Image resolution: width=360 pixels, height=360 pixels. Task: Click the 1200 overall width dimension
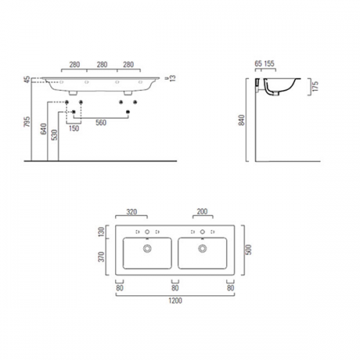pyautogui.click(x=175, y=300)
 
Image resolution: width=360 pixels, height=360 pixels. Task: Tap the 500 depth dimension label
pyautogui.click(x=248, y=250)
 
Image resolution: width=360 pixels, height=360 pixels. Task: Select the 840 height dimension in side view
pyautogui.click(x=242, y=120)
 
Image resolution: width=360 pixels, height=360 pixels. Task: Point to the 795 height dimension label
pyautogui.click(x=27, y=122)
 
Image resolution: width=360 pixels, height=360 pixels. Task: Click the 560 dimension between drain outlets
pyautogui.click(x=101, y=122)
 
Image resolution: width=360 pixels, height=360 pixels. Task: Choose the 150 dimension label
pyautogui.click(x=73, y=128)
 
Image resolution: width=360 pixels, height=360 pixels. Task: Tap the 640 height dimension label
pyautogui.click(x=44, y=129)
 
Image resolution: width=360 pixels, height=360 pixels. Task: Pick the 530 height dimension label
pyautogui.click(x=55, y=135)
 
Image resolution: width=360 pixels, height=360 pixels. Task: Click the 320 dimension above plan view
pyautogui.click(x=132, y=212)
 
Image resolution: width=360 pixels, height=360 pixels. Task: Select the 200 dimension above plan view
pyautogui.click(x=202, y=212)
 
